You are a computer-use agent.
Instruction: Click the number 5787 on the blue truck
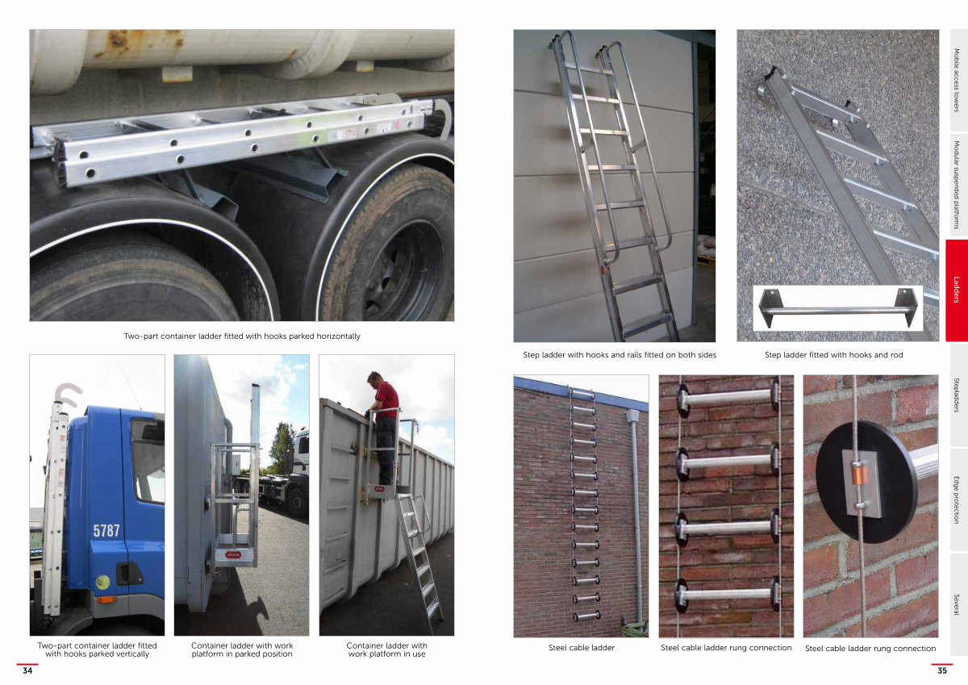tap(106, 531)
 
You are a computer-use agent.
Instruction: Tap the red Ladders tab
tap(957, 290)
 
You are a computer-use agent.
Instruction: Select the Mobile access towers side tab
tap(958, 80)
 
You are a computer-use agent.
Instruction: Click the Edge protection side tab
tap(958, 499)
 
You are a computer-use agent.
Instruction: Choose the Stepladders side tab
tap(958, 395)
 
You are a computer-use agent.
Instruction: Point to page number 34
tap(27, 670)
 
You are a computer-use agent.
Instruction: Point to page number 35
tap(942, 670)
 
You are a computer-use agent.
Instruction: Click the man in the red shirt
tap(384, 428)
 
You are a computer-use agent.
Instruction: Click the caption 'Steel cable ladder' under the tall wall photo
tap(582, 647)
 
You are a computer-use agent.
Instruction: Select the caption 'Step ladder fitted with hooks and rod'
tap(833, 355)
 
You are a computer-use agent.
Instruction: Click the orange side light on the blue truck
tap(106, 599)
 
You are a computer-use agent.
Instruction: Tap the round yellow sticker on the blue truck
tap(102, 583)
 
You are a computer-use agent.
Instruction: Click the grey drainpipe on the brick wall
tap(636, 514)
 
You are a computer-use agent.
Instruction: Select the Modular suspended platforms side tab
tap(958, 185)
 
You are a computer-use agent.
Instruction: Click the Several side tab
tap(958, 604)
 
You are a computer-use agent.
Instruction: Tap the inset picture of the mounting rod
tap(837, 307)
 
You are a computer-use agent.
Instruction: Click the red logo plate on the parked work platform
tap(232, 554)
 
